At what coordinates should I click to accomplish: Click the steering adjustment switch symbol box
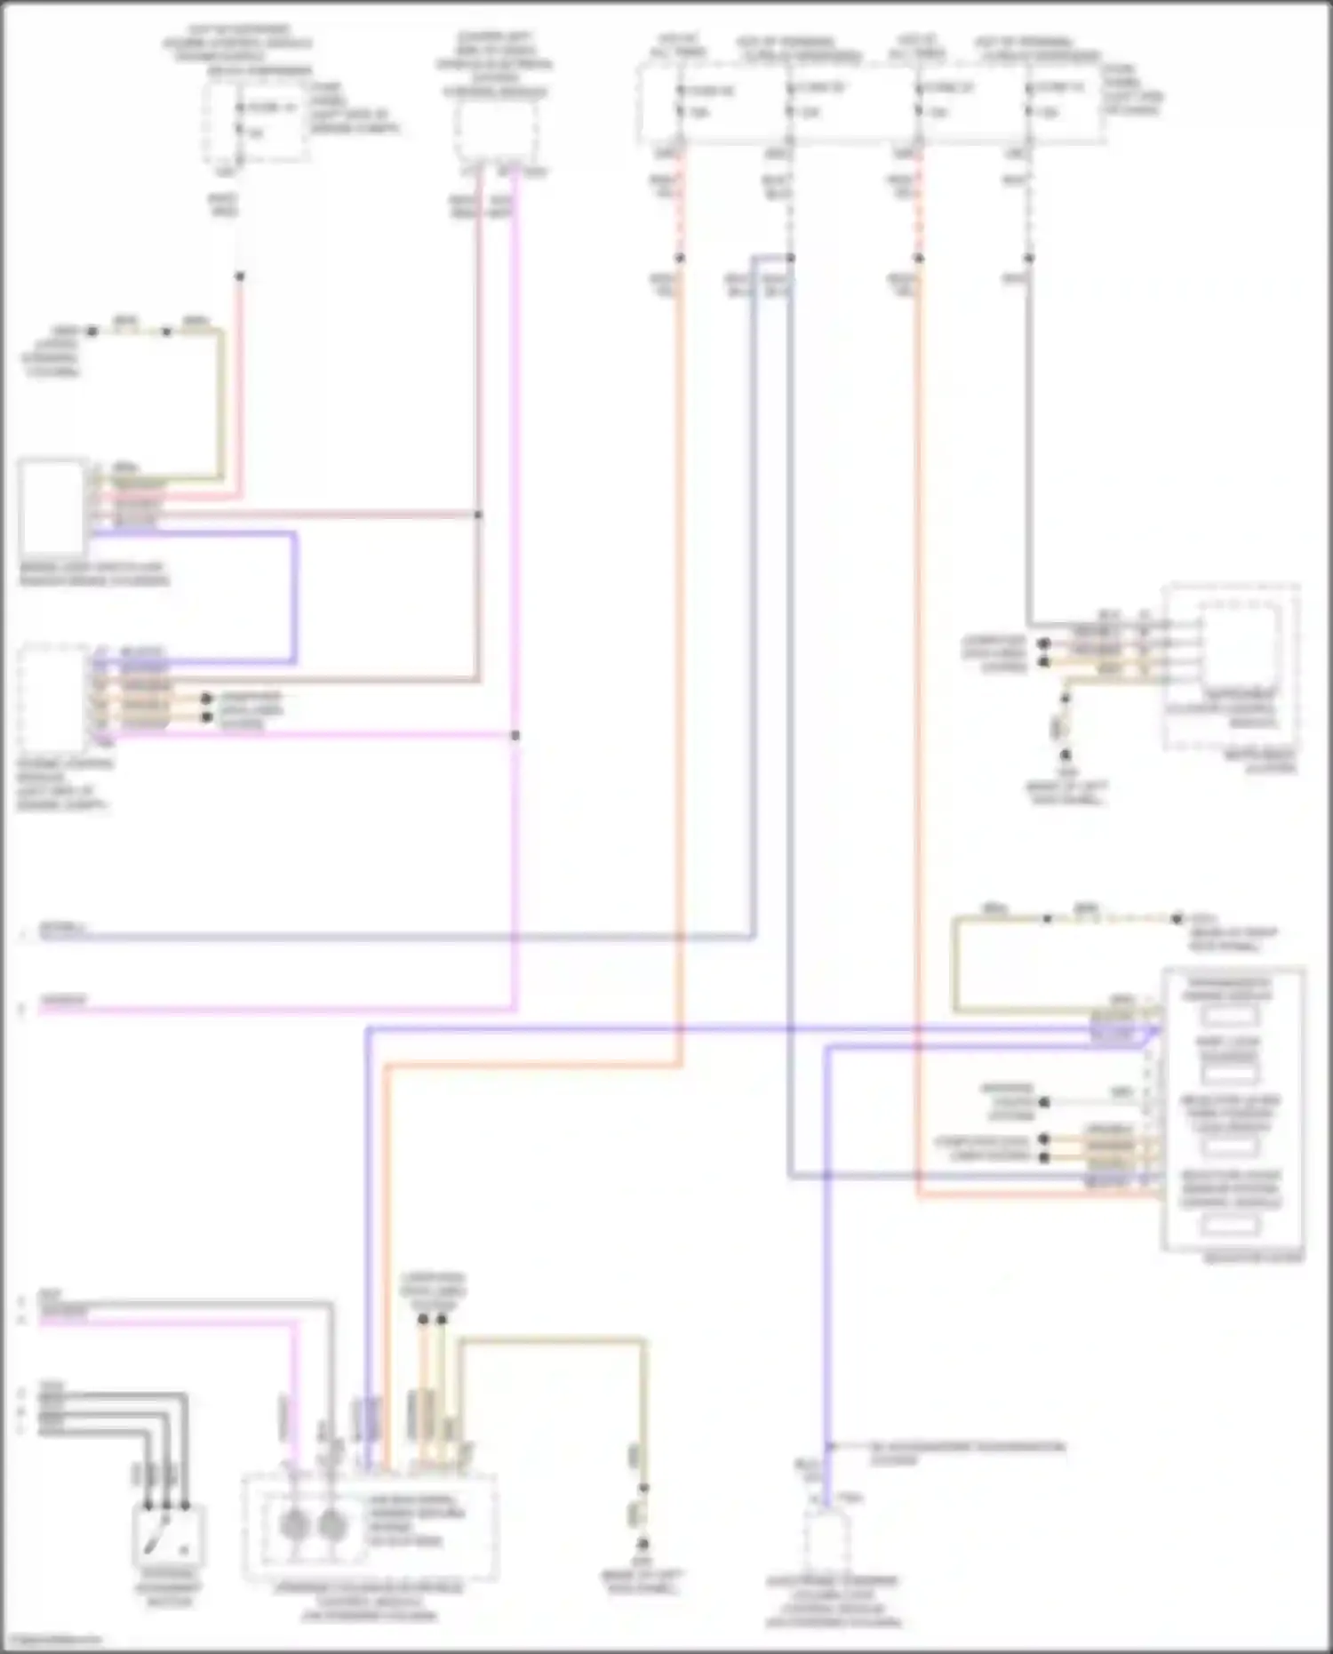click(x=169, y=1535)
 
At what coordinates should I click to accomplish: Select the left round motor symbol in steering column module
click(x=293, y=1526)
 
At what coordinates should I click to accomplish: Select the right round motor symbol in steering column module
click(x=331, y=1526)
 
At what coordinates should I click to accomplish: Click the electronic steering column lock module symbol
click(x=826, y=1541)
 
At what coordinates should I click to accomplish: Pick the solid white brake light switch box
click(x=52, y=507)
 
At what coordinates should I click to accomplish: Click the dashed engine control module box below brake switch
click(x=52, y=699)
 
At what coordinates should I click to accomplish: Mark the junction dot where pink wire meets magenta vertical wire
click(x=515, y=736)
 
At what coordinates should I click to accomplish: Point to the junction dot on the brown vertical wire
click(x=478, y=515)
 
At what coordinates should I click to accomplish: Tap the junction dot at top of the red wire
click(x=239, y=276)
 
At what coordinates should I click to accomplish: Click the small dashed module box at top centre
click(x=496, y=131)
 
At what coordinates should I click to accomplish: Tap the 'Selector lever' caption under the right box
click(x=1253, y=1258)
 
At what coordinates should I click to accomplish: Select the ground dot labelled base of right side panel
click(x=1177, y=919)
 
